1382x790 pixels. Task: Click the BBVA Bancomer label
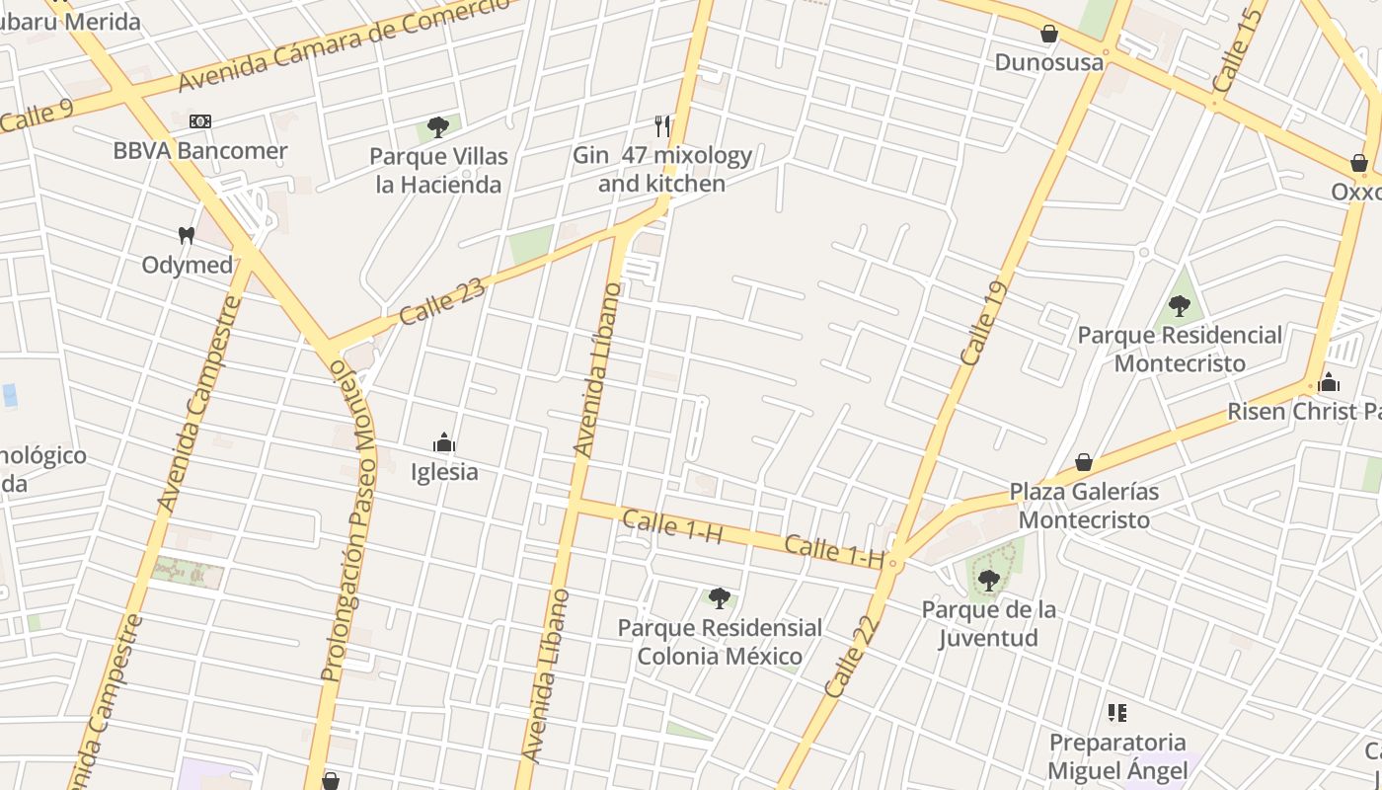(200, 151)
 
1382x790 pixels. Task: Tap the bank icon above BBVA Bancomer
(200, 121)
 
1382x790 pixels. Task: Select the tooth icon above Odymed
(186, 236)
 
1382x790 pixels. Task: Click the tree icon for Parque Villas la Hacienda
(438, 127)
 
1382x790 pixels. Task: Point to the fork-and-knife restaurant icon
(662, 126)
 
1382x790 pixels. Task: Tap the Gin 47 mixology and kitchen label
(662, 170)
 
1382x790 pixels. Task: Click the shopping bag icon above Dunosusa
(1049, 35)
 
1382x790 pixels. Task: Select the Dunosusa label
(1049, 62)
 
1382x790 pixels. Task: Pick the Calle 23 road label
(442, 300)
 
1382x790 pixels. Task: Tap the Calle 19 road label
(982, 323)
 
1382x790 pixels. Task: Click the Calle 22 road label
(851, 657)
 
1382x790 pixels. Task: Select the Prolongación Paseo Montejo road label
(350, 521)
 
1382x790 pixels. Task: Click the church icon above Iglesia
(444, 441)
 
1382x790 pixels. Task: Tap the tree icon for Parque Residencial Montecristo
(1179, 306)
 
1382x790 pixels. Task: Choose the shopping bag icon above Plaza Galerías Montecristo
(1084, 462)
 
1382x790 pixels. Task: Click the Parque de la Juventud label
(988, 623)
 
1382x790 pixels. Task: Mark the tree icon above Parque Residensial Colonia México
(719, 597)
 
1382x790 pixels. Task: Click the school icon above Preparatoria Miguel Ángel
(1117, 713)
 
